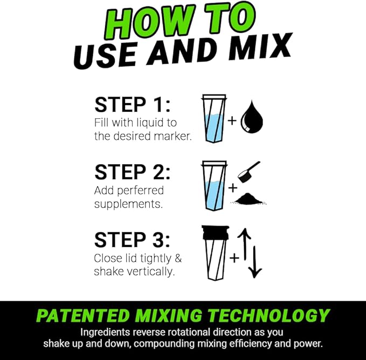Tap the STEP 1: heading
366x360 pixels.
(132, 105)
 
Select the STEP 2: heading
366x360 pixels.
(132, 172)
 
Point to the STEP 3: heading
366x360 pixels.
(132, 240)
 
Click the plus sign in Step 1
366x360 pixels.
(232, 120)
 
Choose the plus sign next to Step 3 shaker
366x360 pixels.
(234, 258)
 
